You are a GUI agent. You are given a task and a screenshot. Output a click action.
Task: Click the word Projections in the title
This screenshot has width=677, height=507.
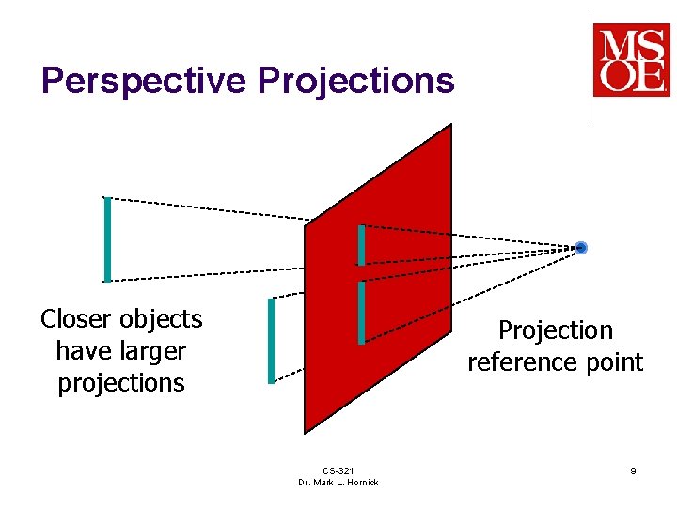pos(356,82)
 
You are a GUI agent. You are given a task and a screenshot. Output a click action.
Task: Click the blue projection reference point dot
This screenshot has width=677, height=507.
pos(581,248)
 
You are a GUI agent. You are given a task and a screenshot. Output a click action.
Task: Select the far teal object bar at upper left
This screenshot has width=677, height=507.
pos(107,239)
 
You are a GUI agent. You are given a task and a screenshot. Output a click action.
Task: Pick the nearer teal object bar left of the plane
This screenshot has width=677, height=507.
pos(271,340)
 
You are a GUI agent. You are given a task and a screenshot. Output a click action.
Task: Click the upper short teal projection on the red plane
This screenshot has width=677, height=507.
pos(361,245)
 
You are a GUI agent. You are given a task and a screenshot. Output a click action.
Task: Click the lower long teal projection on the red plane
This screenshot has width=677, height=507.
pos(361,313)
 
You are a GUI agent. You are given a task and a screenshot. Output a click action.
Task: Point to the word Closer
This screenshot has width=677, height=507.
pos(75,319)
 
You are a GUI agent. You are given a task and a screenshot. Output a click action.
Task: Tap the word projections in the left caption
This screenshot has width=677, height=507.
pos(121,383)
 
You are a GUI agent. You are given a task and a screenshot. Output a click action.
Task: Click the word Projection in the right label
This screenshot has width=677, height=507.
pos(555,330)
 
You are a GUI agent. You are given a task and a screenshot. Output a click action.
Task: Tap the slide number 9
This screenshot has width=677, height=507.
pos(633,470)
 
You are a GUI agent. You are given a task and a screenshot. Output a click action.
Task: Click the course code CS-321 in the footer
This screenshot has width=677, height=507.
pos(338,470)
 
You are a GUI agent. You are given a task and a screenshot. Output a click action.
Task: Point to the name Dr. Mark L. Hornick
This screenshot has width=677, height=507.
pos(338,483)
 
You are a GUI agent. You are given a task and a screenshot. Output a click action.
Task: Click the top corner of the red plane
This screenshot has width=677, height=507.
pos(450,126)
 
